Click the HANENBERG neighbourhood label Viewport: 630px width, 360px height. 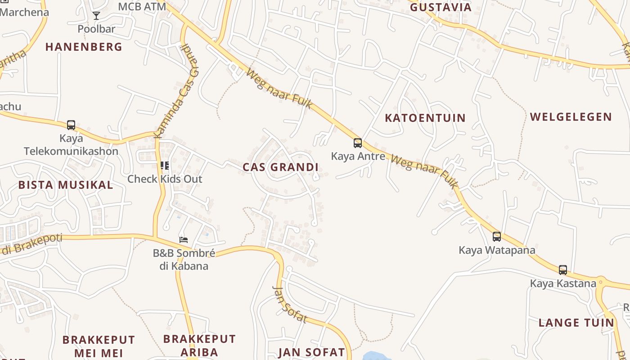click(x=84, y=47)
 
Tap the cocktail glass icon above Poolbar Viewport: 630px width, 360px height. click(x=96, y=16)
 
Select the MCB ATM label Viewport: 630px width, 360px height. click(x=142, y=7)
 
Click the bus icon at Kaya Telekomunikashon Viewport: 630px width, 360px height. click(x=71, y=125)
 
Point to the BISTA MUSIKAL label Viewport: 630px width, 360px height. click(x=66, y=185)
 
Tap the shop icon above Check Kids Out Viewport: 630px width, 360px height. click(x=165, y=166)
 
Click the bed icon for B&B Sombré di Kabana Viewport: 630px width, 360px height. click(x=183, y=240)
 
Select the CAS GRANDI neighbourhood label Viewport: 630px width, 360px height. click(x=280, y=167)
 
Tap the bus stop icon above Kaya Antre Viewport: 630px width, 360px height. click(x=358, y=143)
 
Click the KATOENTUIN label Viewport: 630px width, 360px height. click(x=425, y=118)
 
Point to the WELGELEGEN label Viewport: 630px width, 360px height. click(x=571, y=117)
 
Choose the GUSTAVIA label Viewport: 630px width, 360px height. click(x=441, y=7)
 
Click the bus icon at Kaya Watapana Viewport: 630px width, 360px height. click(x=497, y=236)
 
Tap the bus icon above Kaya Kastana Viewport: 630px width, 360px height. click(x=563, y=270)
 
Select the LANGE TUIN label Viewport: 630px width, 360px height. click(x=576, y=323)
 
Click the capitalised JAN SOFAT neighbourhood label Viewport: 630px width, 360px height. click(x=311, y=352)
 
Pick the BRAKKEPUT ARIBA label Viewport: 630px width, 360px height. click(x=199, y=345)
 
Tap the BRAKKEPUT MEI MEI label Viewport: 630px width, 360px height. click(x=99, y=346)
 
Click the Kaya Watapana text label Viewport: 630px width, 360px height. click(x=497, y=250)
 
